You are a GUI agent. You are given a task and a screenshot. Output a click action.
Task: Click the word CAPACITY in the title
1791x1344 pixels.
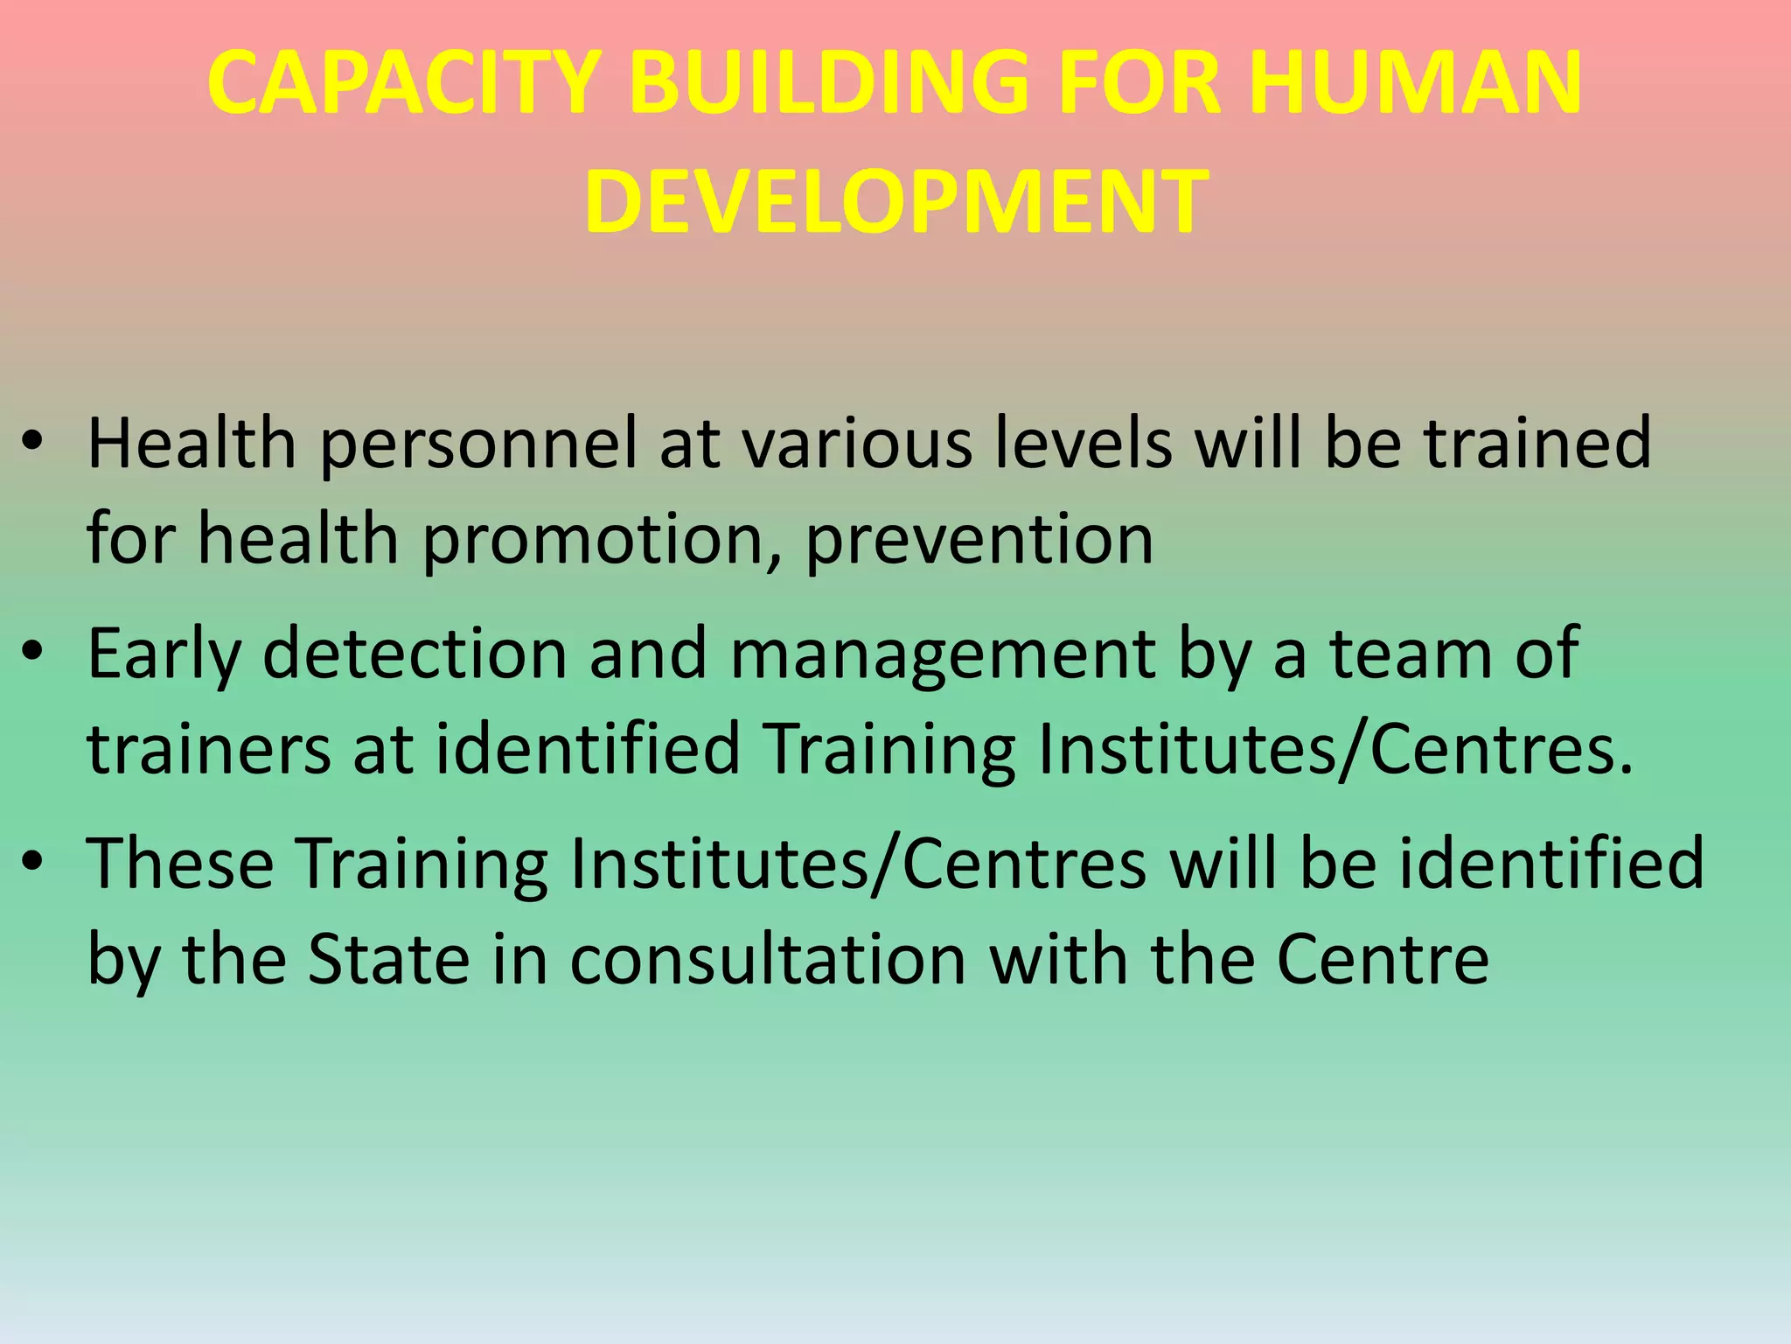[403, 83]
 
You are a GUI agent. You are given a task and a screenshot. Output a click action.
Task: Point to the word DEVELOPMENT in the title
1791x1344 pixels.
[896, 203]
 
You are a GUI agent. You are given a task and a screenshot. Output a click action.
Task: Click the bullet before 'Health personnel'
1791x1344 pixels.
[32, 442]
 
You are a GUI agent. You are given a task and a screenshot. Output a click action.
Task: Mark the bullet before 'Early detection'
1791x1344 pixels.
[32, 652]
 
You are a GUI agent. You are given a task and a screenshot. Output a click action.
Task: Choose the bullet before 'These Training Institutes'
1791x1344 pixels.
[32, 863]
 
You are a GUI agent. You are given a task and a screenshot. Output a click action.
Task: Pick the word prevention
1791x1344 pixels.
[979, 541]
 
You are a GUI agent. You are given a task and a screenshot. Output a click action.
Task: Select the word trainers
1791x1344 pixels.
[209, 749]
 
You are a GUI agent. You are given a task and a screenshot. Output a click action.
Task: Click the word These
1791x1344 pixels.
[180, 863]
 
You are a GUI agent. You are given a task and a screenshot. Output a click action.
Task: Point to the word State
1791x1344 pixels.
[389, 959]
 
